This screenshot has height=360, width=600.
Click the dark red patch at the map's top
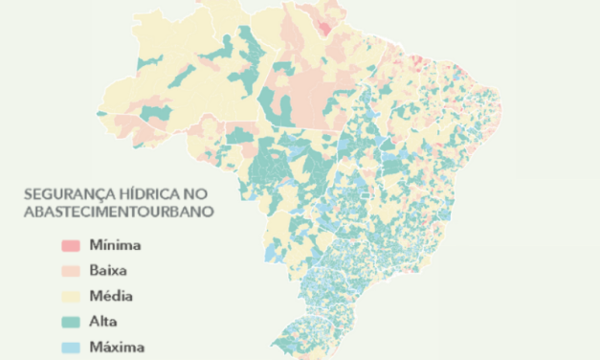coord(329,24)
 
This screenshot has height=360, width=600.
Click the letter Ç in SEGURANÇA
coord(100,193)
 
